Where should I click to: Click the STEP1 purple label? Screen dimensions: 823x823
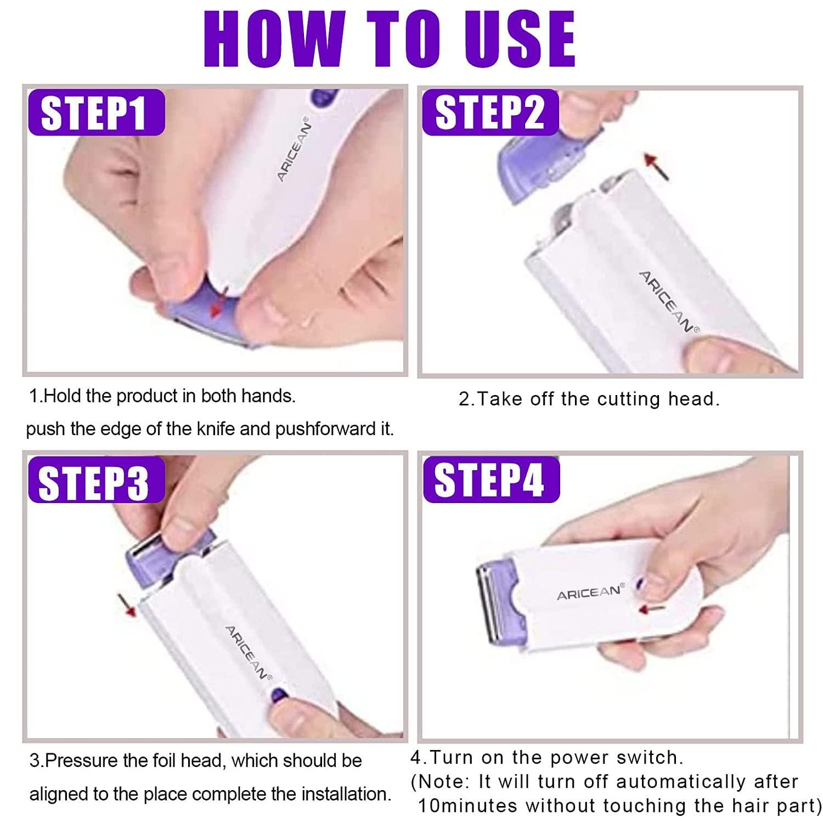click(x=97, y=112)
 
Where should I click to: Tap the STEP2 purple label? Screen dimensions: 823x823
click(x=490, y=112)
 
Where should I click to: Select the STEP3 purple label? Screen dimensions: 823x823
click(x=94, y=481)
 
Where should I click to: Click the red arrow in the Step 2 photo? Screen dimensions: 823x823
click(x=657, y=166)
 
